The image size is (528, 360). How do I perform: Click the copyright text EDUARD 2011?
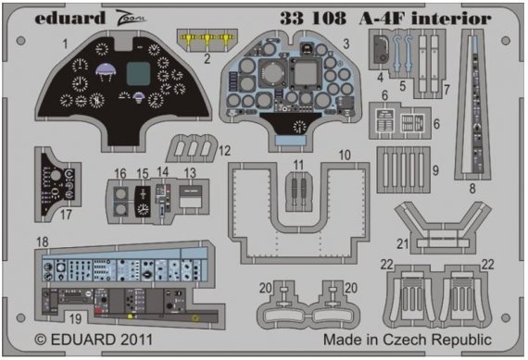(83, 340)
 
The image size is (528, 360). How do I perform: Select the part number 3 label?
(343, 43)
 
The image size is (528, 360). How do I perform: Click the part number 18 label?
(43, 242)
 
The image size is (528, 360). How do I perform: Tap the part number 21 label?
(403, 243)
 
